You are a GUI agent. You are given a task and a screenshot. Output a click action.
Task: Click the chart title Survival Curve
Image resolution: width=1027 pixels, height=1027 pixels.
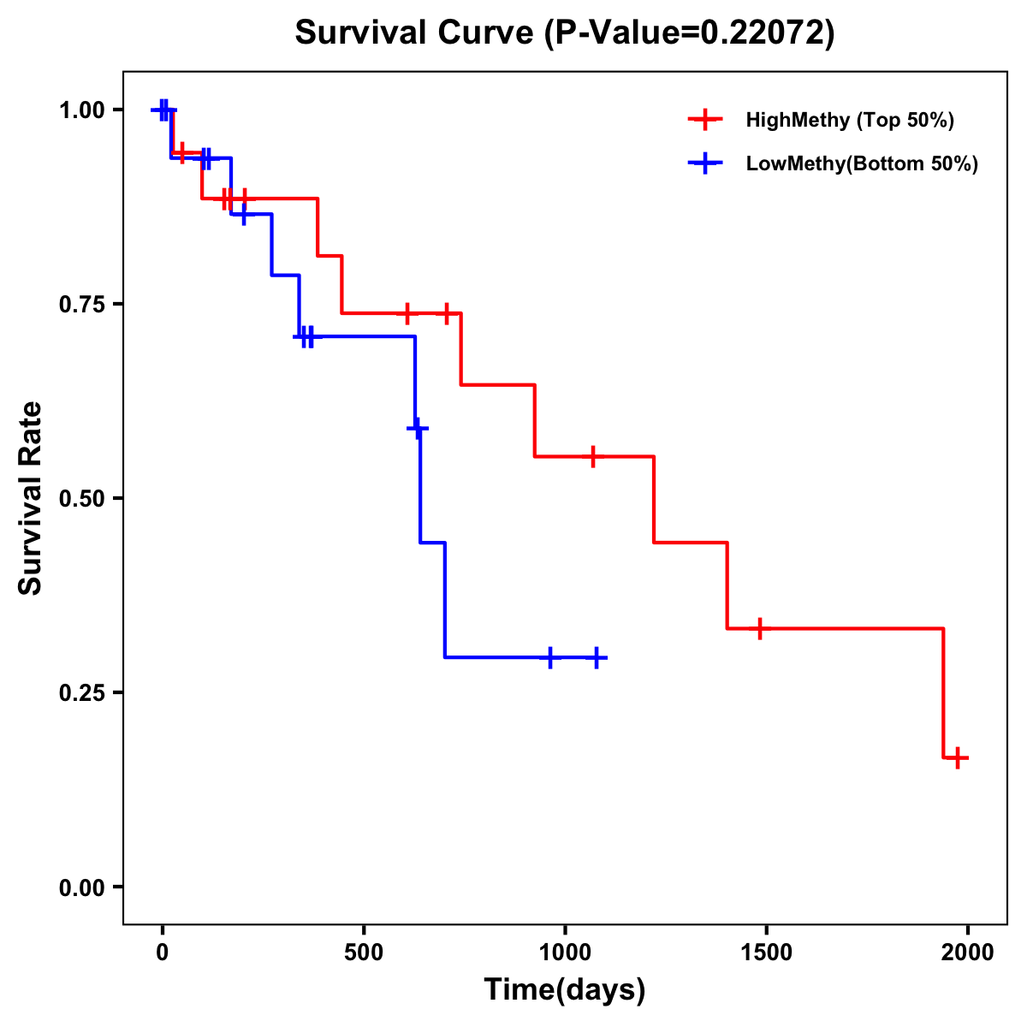[x=565, y=33]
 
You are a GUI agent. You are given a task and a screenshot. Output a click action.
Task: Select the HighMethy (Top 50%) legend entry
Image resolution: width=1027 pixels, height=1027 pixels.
[x=849, y=120]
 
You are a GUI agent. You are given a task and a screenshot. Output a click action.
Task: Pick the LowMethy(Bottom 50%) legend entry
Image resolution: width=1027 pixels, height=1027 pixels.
[x=861, y=163]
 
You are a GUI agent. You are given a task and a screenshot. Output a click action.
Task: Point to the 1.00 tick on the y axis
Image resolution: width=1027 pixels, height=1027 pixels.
[x=81, y=110]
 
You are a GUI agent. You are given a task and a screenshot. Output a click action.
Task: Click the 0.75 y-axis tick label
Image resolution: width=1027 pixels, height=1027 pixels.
[x=81, y=304]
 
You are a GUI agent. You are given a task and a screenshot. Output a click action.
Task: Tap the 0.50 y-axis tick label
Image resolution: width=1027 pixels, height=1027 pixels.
[x=81, y=498]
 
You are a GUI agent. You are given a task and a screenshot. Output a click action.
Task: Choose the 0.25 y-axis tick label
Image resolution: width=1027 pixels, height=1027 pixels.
[x=81, y=692]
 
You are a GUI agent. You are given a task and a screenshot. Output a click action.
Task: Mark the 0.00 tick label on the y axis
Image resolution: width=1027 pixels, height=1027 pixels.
[x=81, y=887]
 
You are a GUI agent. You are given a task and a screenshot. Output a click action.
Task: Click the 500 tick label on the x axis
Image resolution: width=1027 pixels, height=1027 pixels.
[x=364, y=953]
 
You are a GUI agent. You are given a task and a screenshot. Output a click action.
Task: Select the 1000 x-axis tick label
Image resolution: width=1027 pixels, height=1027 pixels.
[x=565, y=953]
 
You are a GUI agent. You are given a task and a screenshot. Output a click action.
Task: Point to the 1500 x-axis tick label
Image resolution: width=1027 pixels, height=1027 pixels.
[x=766, y=953]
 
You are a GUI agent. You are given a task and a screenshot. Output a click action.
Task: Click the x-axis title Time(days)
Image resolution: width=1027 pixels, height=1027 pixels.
[x=565, y=989]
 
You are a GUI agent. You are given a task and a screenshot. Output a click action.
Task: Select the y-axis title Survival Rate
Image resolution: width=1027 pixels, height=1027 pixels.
[x=31, y=498]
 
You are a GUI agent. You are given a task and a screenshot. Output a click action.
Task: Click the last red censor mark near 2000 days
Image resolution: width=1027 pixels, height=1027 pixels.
[x=958, y=757]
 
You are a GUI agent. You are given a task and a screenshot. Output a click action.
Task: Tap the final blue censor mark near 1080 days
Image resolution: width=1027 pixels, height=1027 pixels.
[x=597, y=657]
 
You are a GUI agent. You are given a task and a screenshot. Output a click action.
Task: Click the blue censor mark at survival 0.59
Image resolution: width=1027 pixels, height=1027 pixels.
[x=418, y=427]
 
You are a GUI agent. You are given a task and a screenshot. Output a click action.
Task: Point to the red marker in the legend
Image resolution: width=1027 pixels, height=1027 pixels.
[x=704, y=120]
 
